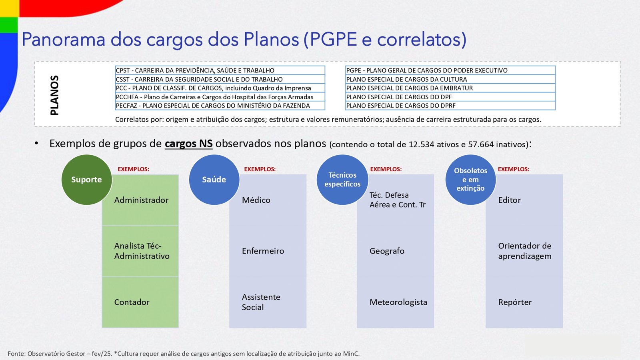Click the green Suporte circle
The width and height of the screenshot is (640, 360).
tap(86, 180)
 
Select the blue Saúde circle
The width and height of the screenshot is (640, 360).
tap(214, 180)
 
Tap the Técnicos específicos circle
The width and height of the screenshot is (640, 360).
tap(342, 180)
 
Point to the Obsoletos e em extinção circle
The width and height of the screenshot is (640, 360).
tap(470, 180)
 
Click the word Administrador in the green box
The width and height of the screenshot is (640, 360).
tap(142, 200)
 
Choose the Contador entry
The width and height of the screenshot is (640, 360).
tap(132, 302)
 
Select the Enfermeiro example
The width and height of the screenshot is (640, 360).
tap(263, 251)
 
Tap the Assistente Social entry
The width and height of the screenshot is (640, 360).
tap(261, 302)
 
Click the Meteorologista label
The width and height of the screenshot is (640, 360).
tap(398, 302)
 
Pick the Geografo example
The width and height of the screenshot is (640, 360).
tap(387, 251)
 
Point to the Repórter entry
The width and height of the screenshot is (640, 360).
tap(515, 302)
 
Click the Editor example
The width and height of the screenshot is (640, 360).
tap(510, 200)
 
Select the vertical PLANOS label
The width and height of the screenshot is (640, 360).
tap(54, 96)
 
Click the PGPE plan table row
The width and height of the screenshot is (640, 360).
tap(450, 70)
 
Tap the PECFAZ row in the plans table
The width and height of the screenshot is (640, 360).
tap(220, 106)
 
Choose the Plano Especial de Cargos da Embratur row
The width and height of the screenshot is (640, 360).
tap(450, 88)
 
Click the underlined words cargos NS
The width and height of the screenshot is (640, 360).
tap(188, 144)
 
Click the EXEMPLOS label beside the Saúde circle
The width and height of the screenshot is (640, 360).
tap(260, 169)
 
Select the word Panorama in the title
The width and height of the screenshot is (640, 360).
tap(64, 39)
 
